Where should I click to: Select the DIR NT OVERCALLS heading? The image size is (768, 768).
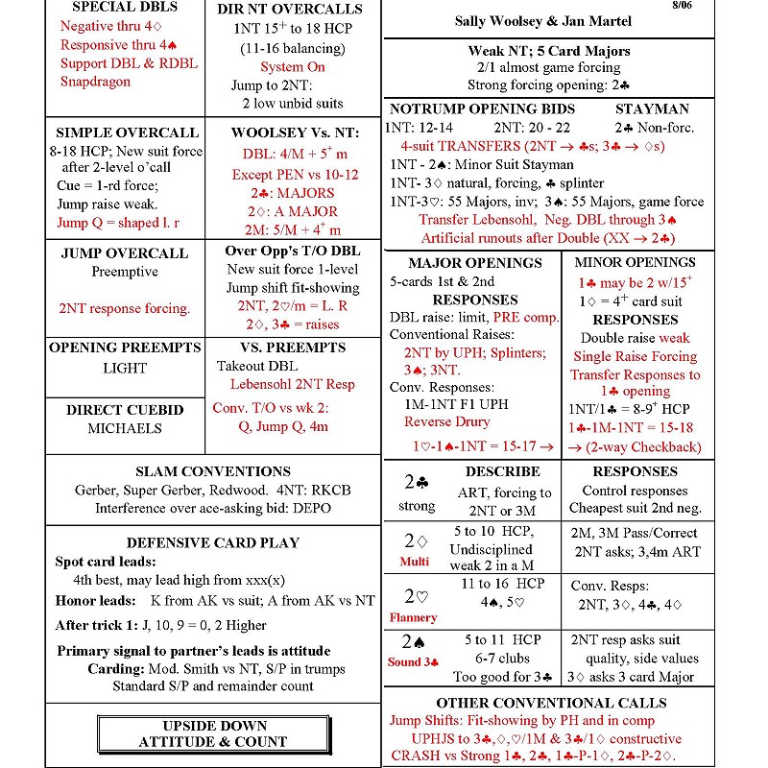(291, 9)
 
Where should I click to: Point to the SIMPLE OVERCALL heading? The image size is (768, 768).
(127, 132)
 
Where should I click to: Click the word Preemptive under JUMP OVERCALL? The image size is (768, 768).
(125, 272)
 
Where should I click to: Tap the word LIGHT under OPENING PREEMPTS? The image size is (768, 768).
(125, 368)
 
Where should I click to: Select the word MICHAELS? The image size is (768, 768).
(125, 428)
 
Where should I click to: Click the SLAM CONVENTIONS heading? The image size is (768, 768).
(213, 472)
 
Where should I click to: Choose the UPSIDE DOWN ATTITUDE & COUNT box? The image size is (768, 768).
(214, 733)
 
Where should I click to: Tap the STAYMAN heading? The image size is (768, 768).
(652, 108)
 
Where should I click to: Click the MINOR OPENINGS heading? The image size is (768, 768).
(635, 262)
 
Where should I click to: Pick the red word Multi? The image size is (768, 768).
(415, 562)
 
